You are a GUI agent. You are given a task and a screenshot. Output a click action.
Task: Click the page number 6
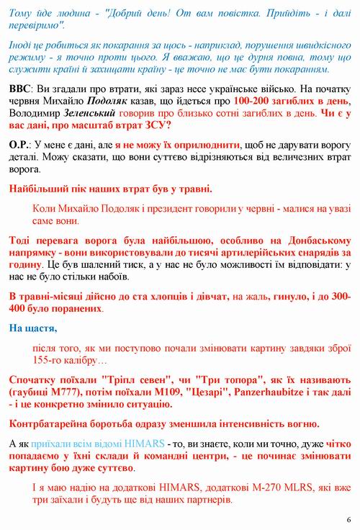point(348,519)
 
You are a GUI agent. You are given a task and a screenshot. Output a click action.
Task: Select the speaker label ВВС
point(20,87)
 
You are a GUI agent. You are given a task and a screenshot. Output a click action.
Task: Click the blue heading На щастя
point(33,329)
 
